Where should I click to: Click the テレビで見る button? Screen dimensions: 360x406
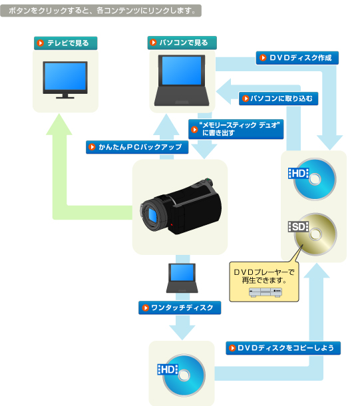(65, 43)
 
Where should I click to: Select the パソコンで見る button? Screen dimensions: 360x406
(182, 43)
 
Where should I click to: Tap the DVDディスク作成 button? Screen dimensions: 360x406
(297, 58)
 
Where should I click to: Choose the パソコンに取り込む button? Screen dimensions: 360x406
(278, 99)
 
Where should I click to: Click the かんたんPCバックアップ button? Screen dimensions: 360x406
(137, 147)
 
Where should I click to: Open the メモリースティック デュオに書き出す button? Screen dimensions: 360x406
(236, 129)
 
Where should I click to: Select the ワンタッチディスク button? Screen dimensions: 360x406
(180, 308)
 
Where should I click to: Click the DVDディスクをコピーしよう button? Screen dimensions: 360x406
(283, 348)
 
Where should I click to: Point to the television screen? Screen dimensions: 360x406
(65, 76)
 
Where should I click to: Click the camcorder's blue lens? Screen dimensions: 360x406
(152, 215)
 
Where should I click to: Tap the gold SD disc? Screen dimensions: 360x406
(315, 234)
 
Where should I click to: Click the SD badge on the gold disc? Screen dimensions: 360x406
(298, 227)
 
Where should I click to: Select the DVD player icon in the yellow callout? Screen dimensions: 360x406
(266, 292)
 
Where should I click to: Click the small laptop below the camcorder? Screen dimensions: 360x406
(182, 278)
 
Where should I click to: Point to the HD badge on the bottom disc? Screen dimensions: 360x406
(168, 369)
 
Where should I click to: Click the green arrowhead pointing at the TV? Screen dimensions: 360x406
(59, 124)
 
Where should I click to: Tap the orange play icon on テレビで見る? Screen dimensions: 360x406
(41, 43)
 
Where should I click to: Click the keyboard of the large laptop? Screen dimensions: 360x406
(182, 96)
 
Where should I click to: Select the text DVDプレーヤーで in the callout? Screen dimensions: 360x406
(264, 272)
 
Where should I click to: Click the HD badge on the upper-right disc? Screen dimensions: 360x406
(298, 174)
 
